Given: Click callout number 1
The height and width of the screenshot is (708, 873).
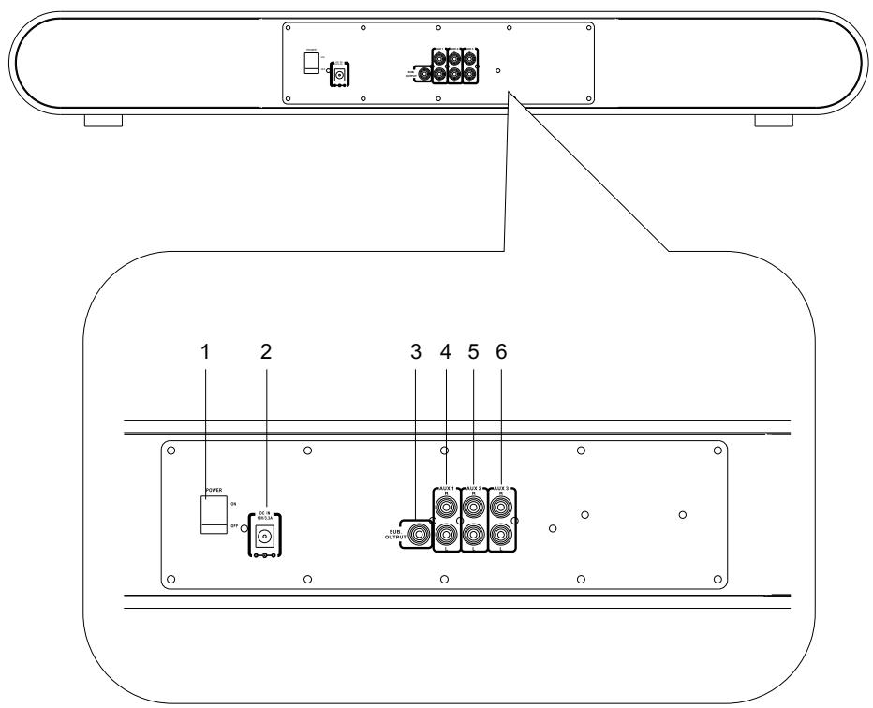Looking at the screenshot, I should point(207,352).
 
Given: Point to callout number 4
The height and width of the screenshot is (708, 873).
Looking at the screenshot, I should point(447,352).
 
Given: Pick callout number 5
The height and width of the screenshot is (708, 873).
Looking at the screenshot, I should point(475,352).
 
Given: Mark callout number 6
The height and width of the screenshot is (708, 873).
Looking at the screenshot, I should point(502,352).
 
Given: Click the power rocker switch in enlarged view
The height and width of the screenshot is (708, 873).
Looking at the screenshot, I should point(214,516).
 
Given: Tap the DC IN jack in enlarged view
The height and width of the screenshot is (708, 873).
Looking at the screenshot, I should point(265,537).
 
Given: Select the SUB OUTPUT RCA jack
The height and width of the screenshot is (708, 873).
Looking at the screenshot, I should point(417,537).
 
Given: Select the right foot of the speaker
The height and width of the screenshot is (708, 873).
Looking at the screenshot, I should point(775,122).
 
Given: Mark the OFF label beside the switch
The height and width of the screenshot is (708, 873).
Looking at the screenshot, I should point(233,526).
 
